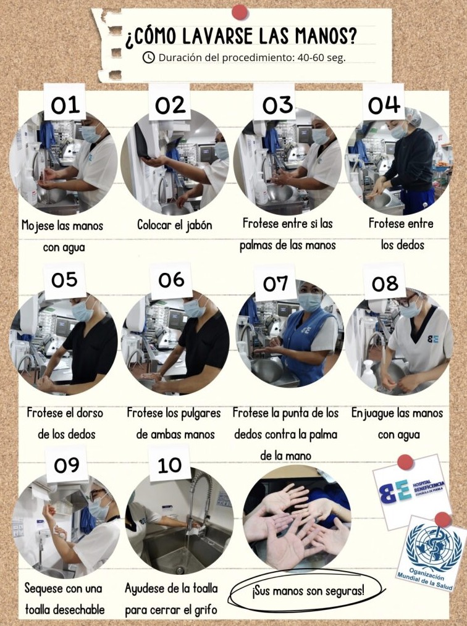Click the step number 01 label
(65, 105)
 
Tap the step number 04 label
(384, 104)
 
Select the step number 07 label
(276, 284)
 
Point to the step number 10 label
(169, 465)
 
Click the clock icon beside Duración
(149, 57)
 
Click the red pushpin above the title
(240, 12)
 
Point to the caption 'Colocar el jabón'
(175, 225)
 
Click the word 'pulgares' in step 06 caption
(198, 414)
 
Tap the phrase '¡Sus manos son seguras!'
(308, 590)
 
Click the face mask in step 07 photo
(310, 302)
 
